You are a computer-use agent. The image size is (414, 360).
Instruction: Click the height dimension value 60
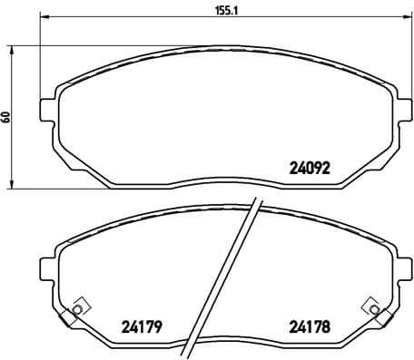(7, 116)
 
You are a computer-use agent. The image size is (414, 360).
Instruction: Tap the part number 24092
(309, 167)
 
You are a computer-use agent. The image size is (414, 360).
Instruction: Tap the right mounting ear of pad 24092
(398, 107)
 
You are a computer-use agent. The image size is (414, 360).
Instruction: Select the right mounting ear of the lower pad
(398, 269)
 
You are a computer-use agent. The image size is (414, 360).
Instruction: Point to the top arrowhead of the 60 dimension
(11, 44)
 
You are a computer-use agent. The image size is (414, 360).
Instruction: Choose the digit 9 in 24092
(319, 167)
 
